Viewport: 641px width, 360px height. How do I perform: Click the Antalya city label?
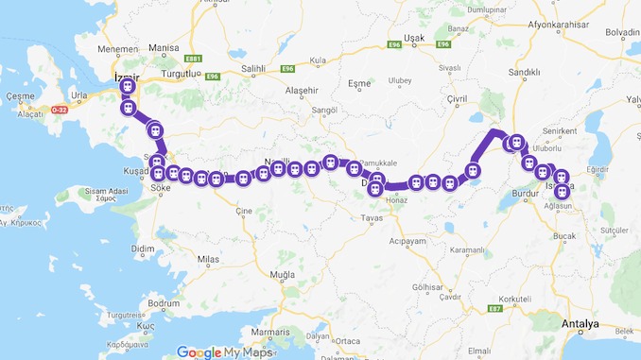[580, 324]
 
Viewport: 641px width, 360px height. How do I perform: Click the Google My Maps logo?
[223, 351]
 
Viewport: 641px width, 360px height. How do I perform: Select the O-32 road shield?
[61, 110]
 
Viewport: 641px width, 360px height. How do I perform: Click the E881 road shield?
[196, 58]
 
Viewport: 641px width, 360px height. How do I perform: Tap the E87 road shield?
[494, 309]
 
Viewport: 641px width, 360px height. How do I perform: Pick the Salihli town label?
[253, 69]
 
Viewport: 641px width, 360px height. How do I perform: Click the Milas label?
[206, 258]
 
